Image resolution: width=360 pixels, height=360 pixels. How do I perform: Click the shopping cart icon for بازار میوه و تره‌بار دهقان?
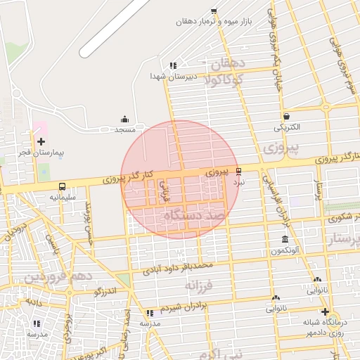[x=214, y=11]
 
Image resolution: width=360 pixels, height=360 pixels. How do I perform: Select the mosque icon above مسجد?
[x=125, y=119]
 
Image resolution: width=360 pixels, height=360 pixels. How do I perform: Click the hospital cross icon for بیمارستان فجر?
[x=40, y=141]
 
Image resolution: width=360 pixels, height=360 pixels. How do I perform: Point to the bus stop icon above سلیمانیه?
[x=63, y=187]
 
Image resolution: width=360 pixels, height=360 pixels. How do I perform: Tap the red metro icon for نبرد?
[x=239, y=171]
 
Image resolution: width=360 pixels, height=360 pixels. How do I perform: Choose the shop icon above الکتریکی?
[x=286, y=117]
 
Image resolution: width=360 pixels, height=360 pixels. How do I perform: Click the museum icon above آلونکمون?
[x=285, y=240]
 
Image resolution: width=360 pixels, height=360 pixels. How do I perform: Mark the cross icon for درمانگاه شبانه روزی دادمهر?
[x=324, y=311]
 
